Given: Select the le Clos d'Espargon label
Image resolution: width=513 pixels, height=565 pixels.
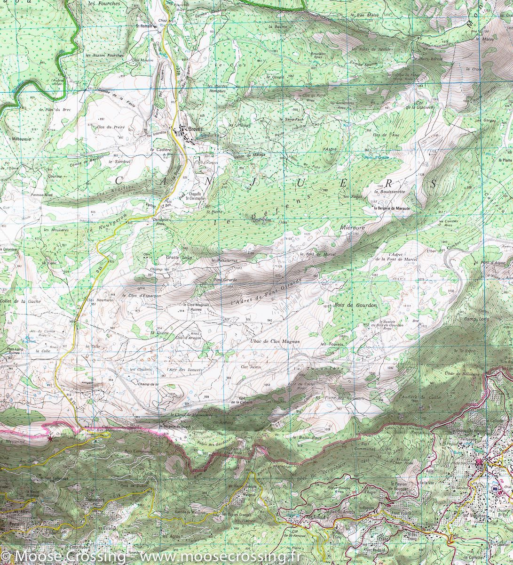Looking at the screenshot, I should tap(141, 296).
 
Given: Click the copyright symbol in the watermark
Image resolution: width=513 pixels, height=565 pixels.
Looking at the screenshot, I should tap(7, 557).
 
